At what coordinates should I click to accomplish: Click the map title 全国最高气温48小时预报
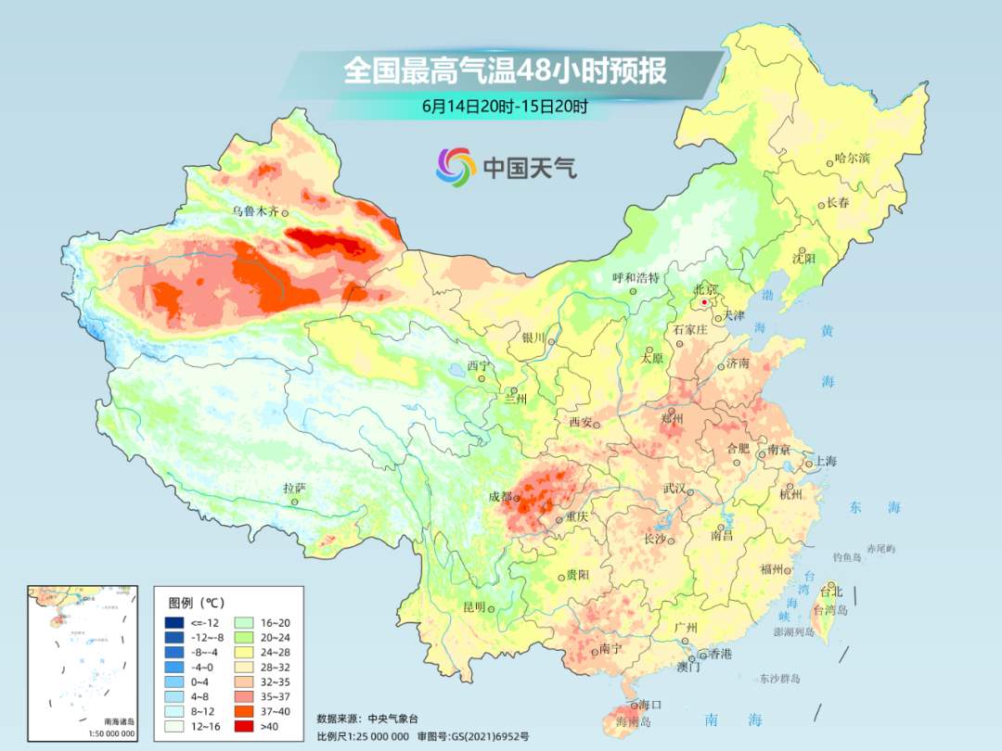505,71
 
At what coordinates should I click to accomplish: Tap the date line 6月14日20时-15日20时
505,107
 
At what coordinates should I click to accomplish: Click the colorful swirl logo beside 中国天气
456,167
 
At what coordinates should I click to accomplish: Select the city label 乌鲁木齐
255,211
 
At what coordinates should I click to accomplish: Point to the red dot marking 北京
705,302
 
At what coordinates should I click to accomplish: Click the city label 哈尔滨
852,158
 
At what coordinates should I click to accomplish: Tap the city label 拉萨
294,488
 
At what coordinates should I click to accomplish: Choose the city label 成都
500,496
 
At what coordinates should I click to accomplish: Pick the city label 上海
825,461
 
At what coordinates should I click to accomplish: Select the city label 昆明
474,607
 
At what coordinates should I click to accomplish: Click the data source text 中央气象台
395,718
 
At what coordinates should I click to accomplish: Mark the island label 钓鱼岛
848,556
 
